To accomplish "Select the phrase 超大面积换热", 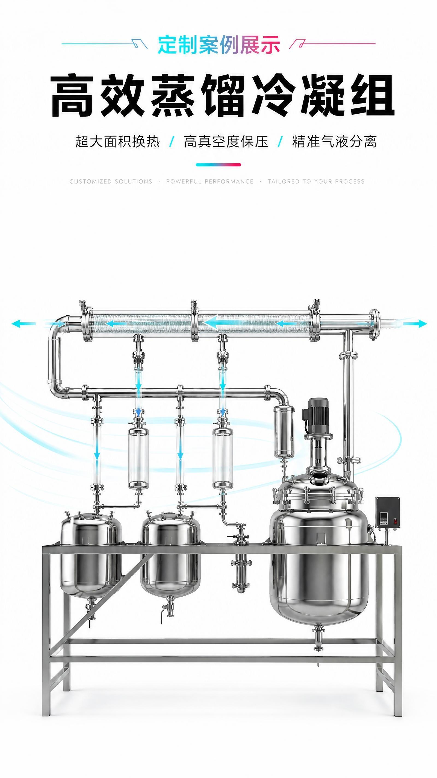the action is click(117, 141).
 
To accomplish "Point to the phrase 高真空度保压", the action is click(226, 141).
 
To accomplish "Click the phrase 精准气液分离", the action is click(334, 141).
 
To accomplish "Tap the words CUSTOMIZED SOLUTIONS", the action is click(111, 181).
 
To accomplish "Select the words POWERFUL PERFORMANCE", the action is click(210, 181).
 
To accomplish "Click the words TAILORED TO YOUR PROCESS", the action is click(316, 181).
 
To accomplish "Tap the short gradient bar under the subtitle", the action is click(218, 165).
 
